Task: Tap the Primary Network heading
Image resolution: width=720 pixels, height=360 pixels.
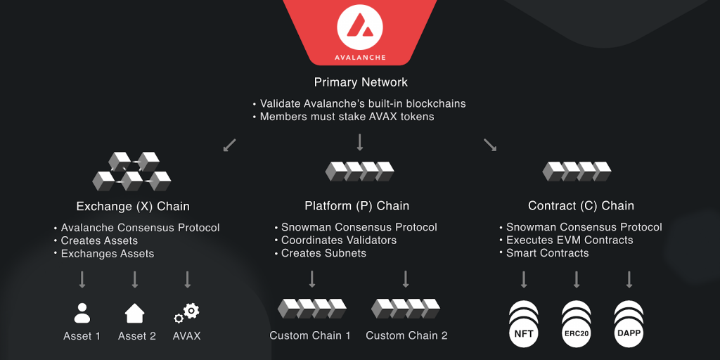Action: click(x=361, y=82)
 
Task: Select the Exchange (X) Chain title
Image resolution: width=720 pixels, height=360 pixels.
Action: click(x=133, y=206)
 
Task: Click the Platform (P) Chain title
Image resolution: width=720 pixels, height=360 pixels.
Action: click(x=357, y=206)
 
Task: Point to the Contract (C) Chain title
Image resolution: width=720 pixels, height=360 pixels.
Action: click(x=581, y=206)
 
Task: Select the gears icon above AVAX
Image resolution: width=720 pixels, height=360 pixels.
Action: click(x=187, y=312)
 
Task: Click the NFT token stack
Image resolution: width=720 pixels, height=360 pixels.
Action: click(x=524, y=324)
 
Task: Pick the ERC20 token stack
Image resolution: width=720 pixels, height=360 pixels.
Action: click(x=577, y=324)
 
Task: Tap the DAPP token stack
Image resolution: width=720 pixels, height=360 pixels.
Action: click(x=629, y=324)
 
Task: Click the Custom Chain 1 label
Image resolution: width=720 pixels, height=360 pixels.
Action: click(x=310, y=336)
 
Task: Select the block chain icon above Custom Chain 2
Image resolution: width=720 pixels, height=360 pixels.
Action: click(x=406, y=309)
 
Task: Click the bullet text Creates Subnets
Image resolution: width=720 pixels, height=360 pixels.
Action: click(x=323, y=253)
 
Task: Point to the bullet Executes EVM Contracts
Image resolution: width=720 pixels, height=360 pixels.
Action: click(x=570, y=240)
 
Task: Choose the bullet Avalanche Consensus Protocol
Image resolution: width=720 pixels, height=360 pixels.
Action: click(x=140, y=228)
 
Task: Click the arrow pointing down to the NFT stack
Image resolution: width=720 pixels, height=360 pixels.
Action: click(x=524, y=280)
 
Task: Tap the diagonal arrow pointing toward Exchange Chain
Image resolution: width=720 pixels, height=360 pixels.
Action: click(x=229, y=146)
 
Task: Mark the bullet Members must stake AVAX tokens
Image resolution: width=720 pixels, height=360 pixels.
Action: click(x=347, y=117)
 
